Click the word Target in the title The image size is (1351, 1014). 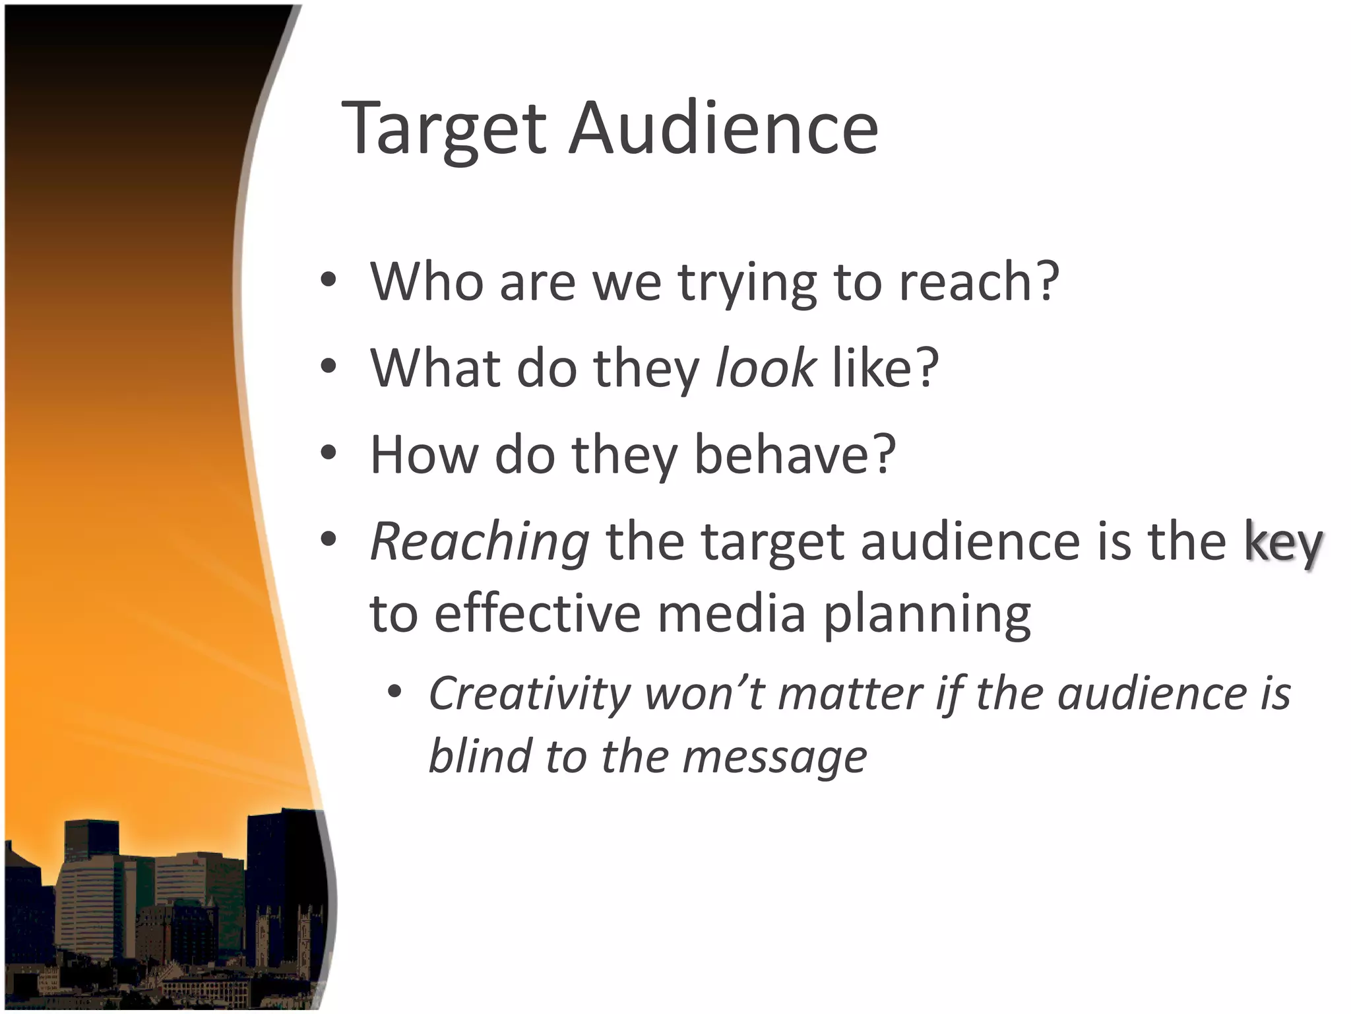tap(444, 128)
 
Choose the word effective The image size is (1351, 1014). tap(538, 614)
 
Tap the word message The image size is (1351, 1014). tap(774, 757)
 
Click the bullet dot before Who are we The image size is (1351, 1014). tap(329, 281)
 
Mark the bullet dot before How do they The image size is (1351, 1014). tap(329, 454)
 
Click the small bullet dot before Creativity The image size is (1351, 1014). tap(394, 692)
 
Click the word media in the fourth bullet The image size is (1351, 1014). tap(732, 614)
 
